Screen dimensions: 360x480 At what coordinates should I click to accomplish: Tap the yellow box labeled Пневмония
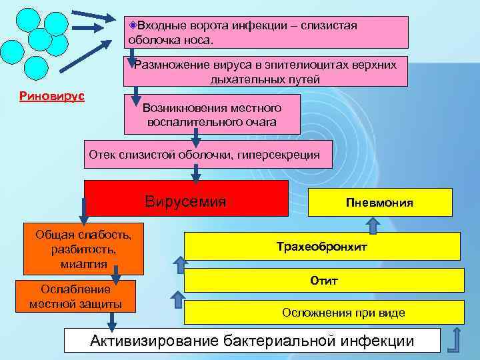380,203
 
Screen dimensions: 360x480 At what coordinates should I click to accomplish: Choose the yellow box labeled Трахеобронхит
321,247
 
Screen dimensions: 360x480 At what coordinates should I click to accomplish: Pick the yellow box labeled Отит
323,281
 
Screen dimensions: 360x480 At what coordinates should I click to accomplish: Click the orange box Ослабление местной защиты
80,297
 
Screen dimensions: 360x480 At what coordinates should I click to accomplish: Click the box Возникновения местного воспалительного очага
212,115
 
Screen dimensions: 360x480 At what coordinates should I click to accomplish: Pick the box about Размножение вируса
265,71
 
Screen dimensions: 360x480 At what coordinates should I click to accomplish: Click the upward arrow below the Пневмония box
374,225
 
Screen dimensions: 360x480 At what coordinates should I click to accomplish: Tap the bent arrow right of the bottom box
455,339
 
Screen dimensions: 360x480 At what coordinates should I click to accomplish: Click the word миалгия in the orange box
84,263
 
